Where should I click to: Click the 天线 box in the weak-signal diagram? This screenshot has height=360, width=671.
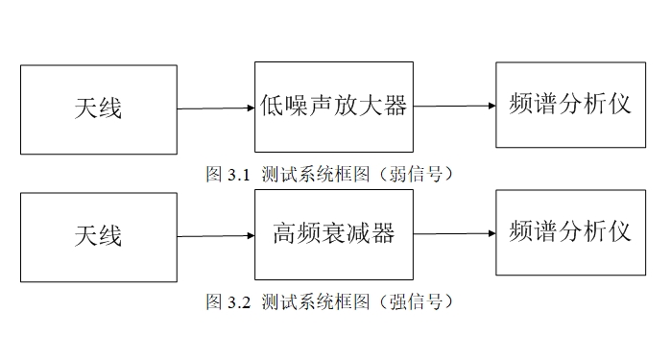[98, 109]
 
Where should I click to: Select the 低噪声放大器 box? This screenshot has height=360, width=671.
[333, 107]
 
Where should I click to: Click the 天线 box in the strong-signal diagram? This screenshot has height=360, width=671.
[98, 236]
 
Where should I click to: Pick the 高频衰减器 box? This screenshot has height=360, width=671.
[333, 234]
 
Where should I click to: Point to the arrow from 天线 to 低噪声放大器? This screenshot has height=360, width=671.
[215, 108]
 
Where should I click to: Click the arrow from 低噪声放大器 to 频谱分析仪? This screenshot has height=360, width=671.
[454, 106]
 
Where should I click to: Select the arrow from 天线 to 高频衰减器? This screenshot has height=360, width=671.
[215, 235]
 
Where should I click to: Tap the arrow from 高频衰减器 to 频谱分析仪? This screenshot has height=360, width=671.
[454, 233]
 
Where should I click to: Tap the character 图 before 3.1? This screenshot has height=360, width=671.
[215, 175]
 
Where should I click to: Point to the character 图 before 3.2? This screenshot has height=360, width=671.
[215, 302]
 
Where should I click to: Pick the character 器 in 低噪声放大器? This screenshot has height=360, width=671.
[395, 106]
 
